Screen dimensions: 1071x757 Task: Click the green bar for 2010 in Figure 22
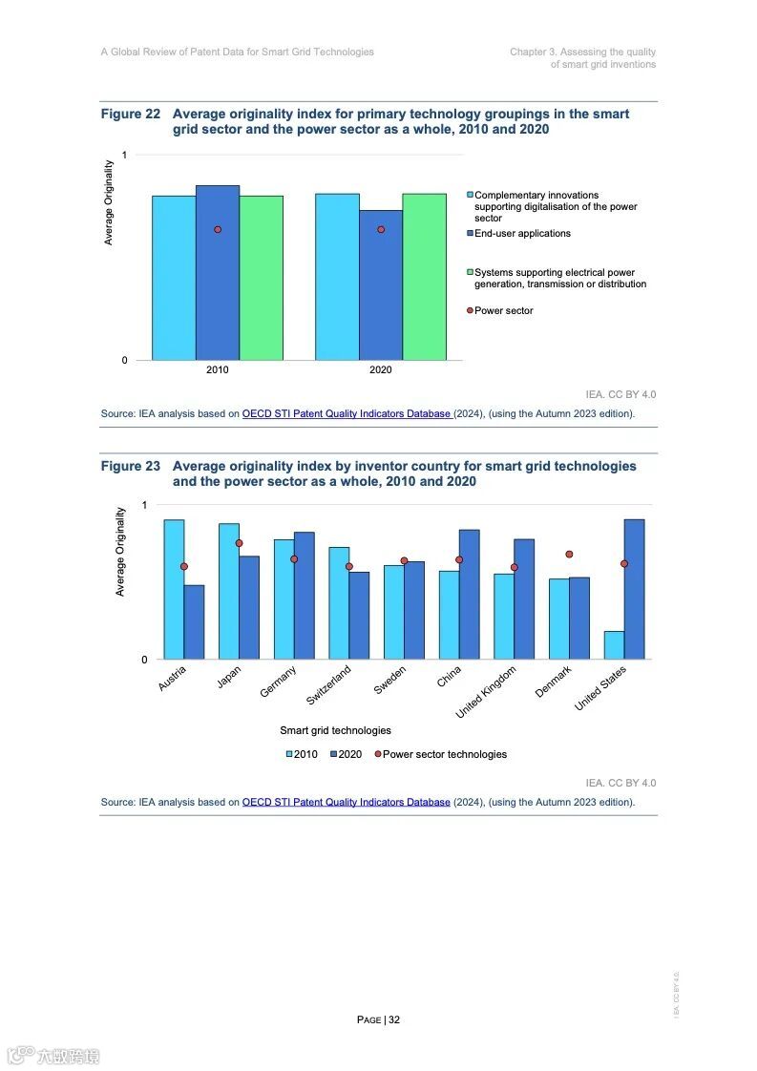click(261, 277)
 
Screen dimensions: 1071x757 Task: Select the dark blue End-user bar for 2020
click(381, 286)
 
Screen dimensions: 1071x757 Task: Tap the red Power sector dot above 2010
click(218, 229)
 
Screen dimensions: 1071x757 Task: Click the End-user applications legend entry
click(522, 234)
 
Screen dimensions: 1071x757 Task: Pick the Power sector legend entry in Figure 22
click(503, 311)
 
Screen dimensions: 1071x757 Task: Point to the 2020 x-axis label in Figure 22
click(381, 370)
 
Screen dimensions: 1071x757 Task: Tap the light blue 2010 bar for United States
click(614, 645)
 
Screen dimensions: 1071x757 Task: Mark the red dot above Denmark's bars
click(569, 554)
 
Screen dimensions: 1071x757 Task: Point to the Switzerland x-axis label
click(329, 685)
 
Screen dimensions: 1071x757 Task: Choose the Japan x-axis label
click(229, 677)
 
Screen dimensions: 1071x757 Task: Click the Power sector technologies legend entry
click(444, 754)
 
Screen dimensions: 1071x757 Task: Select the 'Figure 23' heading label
click(131, 467)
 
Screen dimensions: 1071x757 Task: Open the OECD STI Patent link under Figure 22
click(347, 414)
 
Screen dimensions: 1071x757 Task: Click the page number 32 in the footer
click(394, 1019)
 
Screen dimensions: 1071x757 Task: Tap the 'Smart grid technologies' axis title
click(335, 730)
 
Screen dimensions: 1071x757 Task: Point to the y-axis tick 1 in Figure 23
click(144, 505)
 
